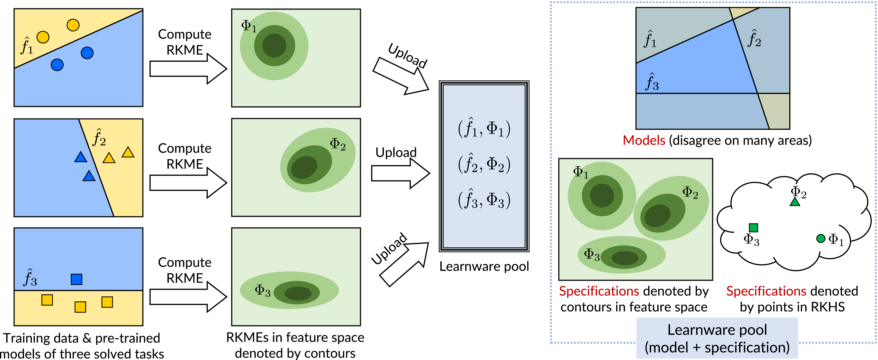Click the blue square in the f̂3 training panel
coord(76,279)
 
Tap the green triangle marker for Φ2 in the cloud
coord(795,202)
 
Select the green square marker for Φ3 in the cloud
coord(753,227)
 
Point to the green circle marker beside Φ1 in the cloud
coord(821,239)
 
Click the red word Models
coord(644,140)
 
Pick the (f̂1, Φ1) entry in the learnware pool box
coord(484,129)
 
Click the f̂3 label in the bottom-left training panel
coord(30,278)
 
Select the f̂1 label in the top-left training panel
coord(27,46)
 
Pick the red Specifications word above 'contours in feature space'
coord(599,291)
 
